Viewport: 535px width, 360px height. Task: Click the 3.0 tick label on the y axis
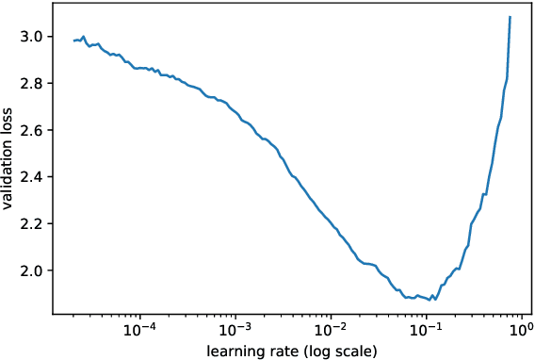click(31, 37)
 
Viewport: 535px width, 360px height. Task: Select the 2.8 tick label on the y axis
click(31, 84)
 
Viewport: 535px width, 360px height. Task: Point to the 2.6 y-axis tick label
click(31, 130)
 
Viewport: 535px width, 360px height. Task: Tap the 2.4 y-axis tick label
click(31, 177)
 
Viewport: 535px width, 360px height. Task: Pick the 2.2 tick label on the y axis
click(31, 224)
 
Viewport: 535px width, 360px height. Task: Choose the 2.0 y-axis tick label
click(31, 271)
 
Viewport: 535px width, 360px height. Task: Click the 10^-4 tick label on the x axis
click(139, 330)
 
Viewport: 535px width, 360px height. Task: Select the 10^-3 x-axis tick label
click(235, 330)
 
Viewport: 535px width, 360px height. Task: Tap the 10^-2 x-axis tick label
click(331, 330)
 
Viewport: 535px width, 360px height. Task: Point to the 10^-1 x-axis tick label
click(426, 330)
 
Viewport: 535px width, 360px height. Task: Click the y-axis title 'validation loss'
click(8, 157)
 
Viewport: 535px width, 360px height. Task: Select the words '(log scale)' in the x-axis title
click(342, 351)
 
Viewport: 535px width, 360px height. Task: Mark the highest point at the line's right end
click(510, 17)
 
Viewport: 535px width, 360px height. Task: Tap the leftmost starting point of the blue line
click(73, 41)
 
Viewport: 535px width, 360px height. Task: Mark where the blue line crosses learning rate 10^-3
click(235, 109)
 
